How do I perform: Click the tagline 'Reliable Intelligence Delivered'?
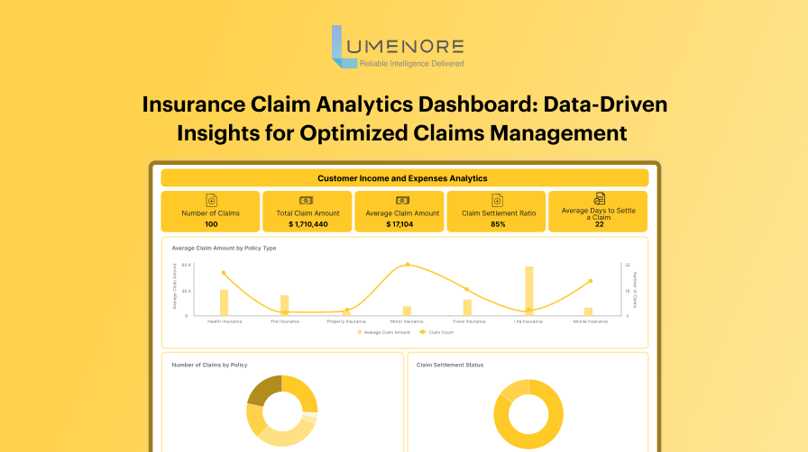[411, 64]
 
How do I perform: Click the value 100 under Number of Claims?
[210, 223]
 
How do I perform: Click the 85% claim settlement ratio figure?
[498, 223]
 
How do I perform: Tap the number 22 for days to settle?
[599, 224]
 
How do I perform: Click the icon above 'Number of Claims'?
[211, 200]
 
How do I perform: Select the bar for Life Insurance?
[529, 291]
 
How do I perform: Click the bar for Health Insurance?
[224, 303]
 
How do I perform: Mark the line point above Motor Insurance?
[408, 265]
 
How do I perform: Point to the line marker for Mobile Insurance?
[591, 281]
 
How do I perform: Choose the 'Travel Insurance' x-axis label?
[467, 321]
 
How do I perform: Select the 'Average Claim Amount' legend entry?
[387, 332]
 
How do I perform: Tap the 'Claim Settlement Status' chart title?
[450, 365]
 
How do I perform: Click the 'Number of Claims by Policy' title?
[209, 365]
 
